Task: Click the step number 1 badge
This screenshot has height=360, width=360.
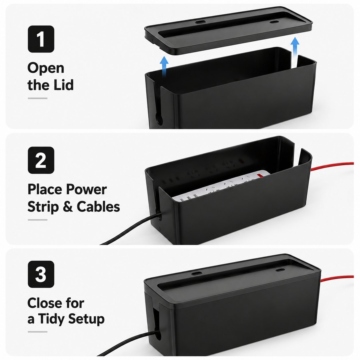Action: [x=41, y=39]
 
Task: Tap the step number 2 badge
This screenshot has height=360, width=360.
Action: [x=41, y=160]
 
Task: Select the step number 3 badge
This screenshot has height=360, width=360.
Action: [x=41, y=274]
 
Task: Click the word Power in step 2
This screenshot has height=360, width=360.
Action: [x=86, y=189]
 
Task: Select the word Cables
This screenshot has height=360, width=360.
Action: [x=98, y=206]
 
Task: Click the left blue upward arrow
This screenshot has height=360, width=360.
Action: [x=164, y=66]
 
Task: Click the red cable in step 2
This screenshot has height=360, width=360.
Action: [x=332, y=166]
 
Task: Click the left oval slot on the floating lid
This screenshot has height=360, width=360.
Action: [x=200, y=22]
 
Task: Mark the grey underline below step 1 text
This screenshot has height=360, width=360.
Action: [x=38, y=98]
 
